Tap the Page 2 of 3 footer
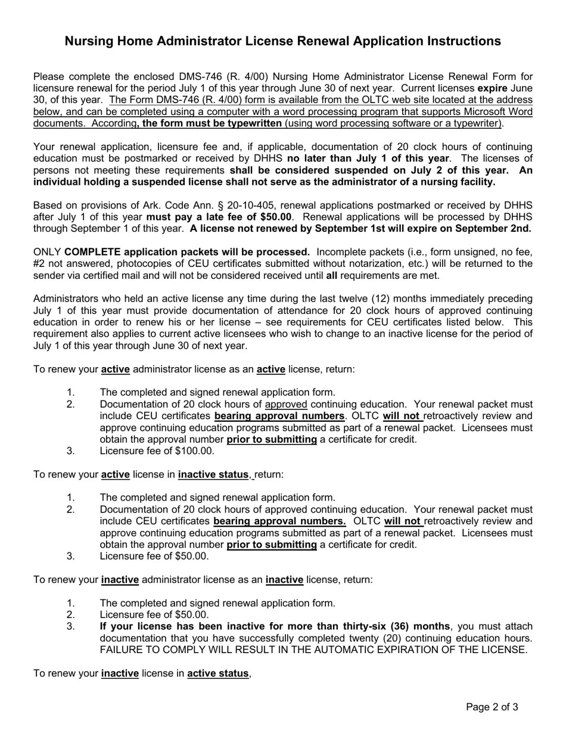[x=492, y=707]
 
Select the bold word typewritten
[x=251, y=123]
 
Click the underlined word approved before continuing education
[x=286, y=404]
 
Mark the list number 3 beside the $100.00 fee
[x=71, y=451]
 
